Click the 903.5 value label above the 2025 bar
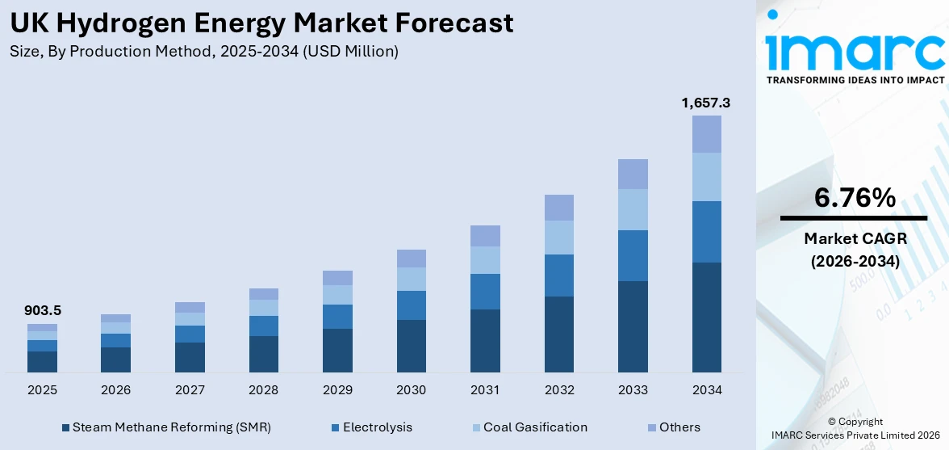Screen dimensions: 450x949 pyautogui.click(x=42, y=310)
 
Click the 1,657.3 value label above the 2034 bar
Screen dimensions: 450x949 pyautogui.click(x=706, y=103)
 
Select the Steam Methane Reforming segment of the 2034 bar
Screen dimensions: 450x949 pyautogui.click(x=706, y=317)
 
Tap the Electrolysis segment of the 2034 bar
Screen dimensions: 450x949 pyautogui.click(x=706, y=231)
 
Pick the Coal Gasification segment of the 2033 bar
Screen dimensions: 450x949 pyautogui.click(x=633, y=209)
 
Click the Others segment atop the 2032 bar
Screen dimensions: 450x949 pyautogui.click(x=558, y=208)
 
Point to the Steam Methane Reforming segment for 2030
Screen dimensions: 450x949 pyautogui.click(x=411, y=346)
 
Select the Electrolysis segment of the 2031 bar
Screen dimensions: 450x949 pyautogui.click(x=485, y=292)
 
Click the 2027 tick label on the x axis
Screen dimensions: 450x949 pyautogui.click(x=190, y=390)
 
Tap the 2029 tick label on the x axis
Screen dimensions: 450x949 pyautogui.click(x=337, y=390)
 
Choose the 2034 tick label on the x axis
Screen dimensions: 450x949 pyautogui.click(x=706, y=390)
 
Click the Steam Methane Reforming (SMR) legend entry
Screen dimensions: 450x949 pyautogui.click(x=165, y=427)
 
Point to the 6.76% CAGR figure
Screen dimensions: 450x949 pyautogui.click(x=855, y=198)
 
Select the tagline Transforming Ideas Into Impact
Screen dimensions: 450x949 pyautogui.click(x=855, y=80)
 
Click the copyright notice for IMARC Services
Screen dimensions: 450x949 pyautogui.click(x=855, y=429)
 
